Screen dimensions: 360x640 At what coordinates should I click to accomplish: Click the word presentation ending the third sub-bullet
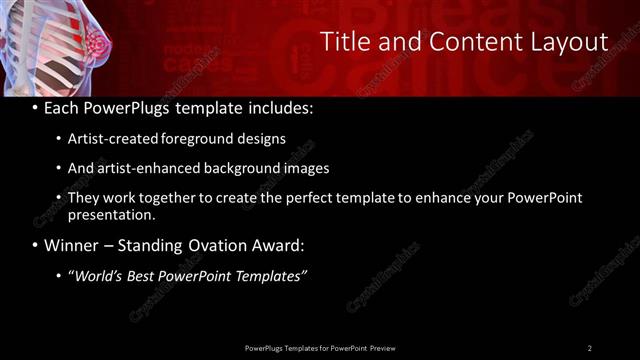[110, 214]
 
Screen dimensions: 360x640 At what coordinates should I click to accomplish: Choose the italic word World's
[98, 275]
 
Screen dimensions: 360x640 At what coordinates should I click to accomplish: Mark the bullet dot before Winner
[36, 245]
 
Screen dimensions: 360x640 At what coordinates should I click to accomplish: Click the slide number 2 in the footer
[589, 347]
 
